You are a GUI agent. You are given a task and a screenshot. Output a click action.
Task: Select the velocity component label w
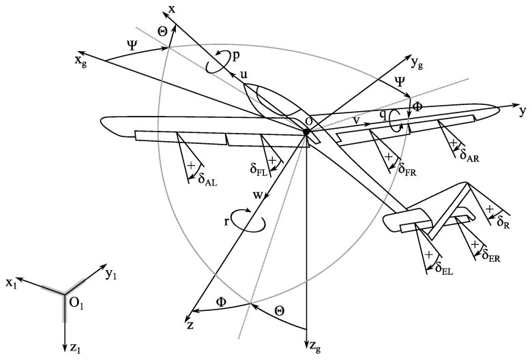(258, 196)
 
